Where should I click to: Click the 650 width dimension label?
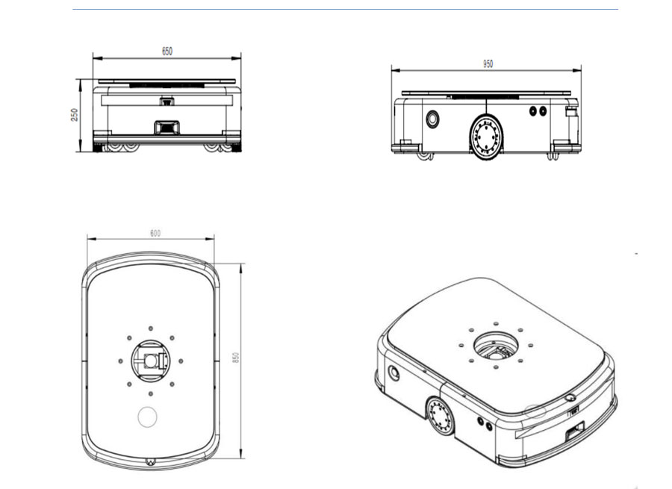[167, 51]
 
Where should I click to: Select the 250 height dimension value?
[75, 115]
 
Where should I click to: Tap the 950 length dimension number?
[487, 64]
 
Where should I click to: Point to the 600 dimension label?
[155, 233]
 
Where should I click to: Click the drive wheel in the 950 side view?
[485, 136]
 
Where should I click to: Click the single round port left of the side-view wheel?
[432, 119]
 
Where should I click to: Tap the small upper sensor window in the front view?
[166, 101]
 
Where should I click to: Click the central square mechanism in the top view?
[151, 361]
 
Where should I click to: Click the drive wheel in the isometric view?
[440, 416]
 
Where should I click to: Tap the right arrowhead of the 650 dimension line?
[238, 57]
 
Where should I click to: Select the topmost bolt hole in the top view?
[151, 328]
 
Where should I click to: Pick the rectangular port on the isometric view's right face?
[574, 432]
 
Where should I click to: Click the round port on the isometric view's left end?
[393, 372]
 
